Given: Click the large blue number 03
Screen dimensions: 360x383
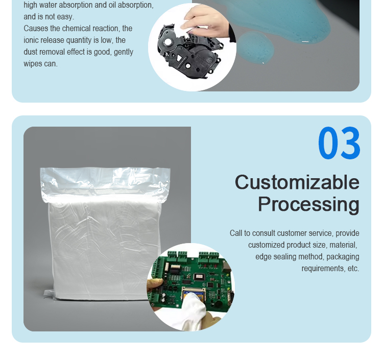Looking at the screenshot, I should click(339, 144).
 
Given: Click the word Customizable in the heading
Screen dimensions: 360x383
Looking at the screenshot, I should click(297, 182).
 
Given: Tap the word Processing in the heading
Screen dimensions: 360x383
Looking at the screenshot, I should click(308, 204).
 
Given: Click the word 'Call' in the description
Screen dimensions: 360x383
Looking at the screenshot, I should click(236, 233).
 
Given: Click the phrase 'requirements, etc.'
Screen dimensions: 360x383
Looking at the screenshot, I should click(330, 269).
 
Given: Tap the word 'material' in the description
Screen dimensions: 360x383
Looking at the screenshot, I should click(343, 245).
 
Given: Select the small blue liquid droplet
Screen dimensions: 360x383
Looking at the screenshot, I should click(255, 47).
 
